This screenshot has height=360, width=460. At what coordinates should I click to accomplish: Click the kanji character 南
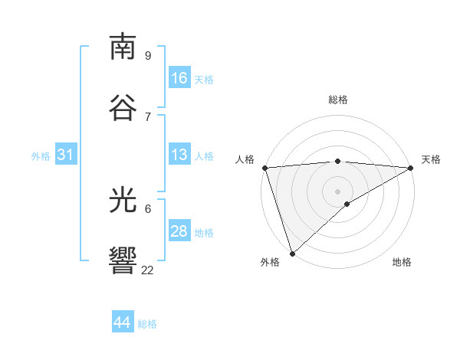tap(123, 47)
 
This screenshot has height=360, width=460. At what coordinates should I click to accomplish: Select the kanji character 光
tap(123, 201)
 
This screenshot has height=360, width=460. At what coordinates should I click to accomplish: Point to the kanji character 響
tap(123, 261)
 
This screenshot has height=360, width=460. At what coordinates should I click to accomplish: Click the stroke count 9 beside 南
tap(148, 55)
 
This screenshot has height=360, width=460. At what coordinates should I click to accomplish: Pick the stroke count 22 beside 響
tap(147, 270)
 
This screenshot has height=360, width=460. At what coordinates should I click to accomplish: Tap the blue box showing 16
tap(179, 78)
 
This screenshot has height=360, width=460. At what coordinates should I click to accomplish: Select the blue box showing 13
tap(179, 155)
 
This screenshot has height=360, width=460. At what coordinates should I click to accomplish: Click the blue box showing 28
tap(179, 231)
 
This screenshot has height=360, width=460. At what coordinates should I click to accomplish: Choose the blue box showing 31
tap(65, 155)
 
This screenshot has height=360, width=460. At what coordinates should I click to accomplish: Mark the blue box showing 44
tap(122, 322)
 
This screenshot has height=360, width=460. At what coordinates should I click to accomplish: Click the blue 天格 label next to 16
tap(203, 80)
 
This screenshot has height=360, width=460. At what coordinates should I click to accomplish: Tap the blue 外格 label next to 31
tap(41, 156)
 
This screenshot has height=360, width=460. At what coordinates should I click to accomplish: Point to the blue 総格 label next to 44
tap(147, 324)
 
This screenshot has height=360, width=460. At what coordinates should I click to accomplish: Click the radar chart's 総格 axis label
tap(338, 100)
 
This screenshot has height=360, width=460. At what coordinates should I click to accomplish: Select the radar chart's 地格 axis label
tap(402, 262)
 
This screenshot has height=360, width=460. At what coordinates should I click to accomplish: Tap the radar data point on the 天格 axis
tap(411, 168)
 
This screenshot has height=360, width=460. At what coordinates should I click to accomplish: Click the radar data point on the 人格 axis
tap(264, 168)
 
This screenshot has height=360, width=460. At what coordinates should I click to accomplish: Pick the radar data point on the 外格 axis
tap(292, 253)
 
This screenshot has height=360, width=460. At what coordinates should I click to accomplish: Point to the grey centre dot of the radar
tap(337, 191)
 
